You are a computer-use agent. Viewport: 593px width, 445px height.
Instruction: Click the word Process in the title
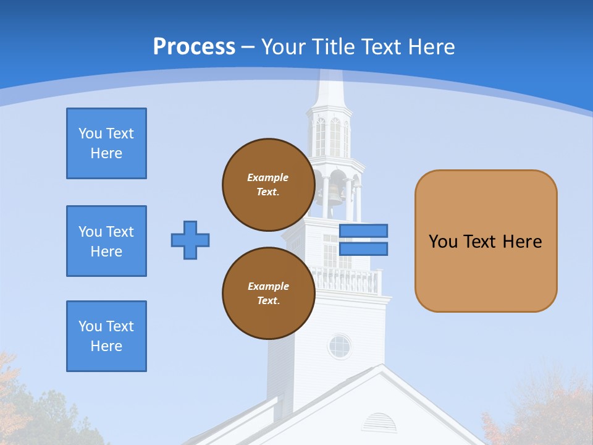[x=194, y=47]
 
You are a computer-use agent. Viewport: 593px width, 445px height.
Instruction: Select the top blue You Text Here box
[x=106, y=143]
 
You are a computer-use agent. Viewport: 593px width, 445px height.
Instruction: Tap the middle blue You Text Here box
[x=106, y=241]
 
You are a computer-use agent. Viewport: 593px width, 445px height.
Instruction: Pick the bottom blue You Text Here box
[x=106, y=336]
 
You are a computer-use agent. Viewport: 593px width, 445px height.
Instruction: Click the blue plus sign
[x=190, y=240]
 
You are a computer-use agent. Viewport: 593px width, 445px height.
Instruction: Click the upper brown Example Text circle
[x=268, y=185]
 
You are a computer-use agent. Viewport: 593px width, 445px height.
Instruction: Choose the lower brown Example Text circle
[x=268, y=294]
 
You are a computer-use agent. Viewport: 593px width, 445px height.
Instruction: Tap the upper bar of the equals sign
[x=363, y=231]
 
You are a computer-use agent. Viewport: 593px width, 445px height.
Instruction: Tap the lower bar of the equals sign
[x=363, y=248]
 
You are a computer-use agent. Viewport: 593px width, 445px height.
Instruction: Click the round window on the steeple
[x=339, y=347]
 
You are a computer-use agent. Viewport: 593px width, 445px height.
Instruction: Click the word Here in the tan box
[x=522, y=242]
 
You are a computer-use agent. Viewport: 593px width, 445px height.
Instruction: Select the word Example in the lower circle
[x=268, y=287]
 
